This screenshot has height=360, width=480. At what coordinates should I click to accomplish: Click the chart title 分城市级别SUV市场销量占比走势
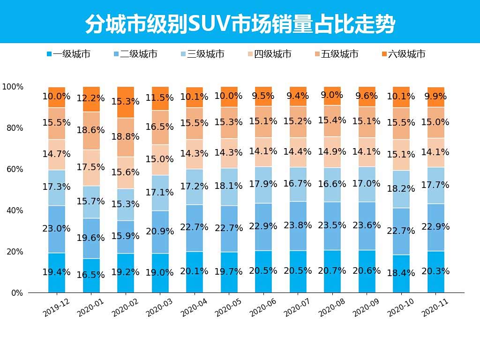tap(240, 23)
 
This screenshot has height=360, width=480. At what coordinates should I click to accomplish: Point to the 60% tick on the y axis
tap(14, 169)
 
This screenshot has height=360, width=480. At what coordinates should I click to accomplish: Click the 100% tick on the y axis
tap(13, 87)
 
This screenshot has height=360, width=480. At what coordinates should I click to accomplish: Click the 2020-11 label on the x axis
tap(436, 307)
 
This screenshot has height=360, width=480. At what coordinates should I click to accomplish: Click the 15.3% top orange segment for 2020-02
tap(126, 102)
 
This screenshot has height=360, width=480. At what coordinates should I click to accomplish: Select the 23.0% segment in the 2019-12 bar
tap(57, 229)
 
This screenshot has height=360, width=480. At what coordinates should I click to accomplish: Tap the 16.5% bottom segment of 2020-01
tap(91, 275)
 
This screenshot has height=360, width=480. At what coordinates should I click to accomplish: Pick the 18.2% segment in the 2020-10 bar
tap(401, 189)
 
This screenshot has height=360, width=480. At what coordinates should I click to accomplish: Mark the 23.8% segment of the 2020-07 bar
tap(298, 226)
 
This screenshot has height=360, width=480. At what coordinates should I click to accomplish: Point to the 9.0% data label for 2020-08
tap(332, 95)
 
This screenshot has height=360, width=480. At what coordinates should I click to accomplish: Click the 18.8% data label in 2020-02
tap(126, 136)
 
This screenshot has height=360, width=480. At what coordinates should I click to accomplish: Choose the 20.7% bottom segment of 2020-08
tap(332, 271)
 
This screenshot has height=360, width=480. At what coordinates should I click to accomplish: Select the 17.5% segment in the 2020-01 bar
tap(91, 168)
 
